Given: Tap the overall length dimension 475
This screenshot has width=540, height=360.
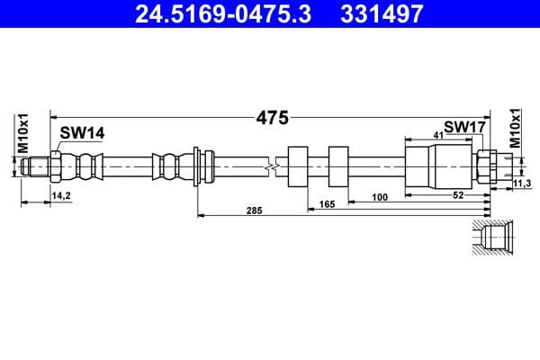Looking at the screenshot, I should click(271, 117).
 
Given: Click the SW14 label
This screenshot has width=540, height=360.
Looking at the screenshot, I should click(82, 132).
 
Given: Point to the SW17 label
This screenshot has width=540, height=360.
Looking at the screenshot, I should click(464, 128).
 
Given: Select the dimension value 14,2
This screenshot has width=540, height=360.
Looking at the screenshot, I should click(62, 194).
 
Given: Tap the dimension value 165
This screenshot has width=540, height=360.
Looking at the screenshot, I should click(327, 204).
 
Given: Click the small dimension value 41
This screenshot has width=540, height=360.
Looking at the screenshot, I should click(439, 134).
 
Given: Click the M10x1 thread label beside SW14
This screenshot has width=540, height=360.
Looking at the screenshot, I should click(25, 132).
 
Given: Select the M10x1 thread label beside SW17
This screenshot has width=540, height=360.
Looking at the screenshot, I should click(516, 129).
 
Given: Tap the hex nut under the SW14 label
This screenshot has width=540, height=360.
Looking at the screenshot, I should click(57, 166).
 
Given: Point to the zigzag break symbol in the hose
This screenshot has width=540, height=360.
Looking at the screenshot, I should click(270, 166).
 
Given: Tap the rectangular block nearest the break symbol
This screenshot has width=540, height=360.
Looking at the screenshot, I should click(297, 166).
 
